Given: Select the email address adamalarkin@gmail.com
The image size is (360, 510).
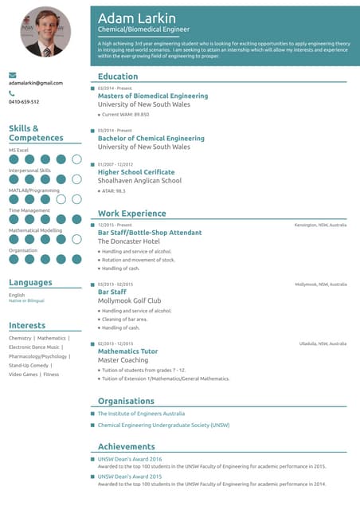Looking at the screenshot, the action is (x=35, y=83).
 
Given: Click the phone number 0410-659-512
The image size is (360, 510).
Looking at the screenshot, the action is (x=24, y=102).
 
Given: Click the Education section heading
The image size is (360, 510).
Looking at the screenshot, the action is (x=118, y=76).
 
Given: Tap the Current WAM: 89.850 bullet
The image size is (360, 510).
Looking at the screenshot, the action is (x=125, y=115).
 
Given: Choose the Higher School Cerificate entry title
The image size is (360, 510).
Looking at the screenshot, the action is (x=136, y=171).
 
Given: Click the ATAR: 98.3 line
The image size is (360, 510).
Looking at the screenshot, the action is (x=113, y=190).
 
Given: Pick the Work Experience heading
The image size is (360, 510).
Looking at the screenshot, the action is (x=131, y=214).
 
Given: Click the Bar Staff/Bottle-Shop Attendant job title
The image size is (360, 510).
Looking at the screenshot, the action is (x=150, y=232).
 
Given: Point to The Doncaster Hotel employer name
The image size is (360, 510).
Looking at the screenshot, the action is (x=128, y=241).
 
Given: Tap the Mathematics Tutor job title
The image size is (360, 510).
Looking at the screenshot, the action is (x=127, y=351).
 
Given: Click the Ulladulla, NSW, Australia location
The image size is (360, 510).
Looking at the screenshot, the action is (x=323, y=343).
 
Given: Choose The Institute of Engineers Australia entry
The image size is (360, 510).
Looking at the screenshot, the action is (x=141, y=414).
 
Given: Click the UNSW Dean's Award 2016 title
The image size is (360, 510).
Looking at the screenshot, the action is (x=130, y=460).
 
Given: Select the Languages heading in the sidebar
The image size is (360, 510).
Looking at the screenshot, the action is (x=30, y=282).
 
